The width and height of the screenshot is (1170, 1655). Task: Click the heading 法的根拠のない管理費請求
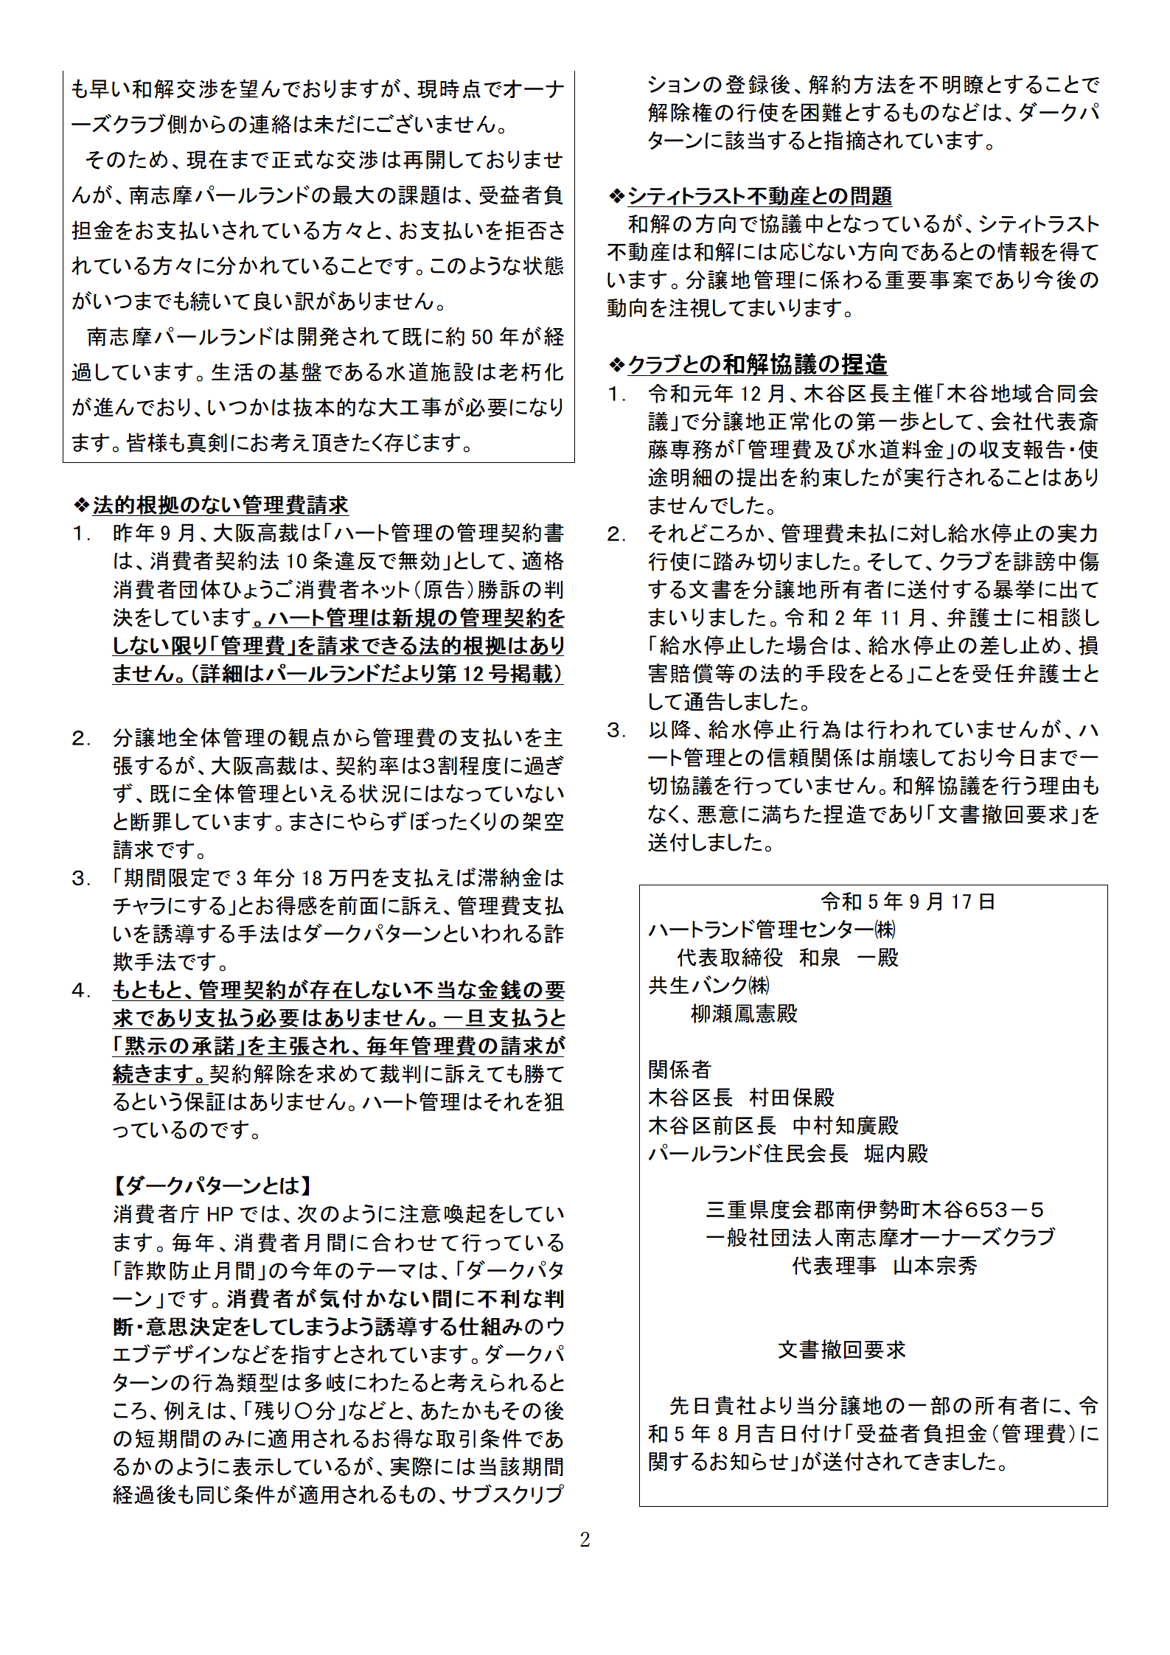(x=220, y=505)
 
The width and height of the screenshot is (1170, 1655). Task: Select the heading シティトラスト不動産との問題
(x=759, y=196)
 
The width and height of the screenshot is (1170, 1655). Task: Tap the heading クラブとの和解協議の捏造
(x=757, y=364)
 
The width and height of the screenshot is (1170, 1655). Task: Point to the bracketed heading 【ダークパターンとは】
(x=213, y=1185)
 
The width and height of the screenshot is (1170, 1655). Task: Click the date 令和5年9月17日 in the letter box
(x=908, y=902)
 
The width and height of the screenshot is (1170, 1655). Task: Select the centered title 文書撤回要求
(x=841, y=1350)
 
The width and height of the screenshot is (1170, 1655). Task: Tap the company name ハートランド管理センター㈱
(x=772, y=930)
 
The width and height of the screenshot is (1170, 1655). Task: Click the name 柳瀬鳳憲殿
(x=744, y=1014)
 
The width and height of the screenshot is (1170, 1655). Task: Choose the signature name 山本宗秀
(x=935, y=1266)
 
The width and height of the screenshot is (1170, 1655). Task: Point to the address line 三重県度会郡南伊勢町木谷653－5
(x=874, y=1210)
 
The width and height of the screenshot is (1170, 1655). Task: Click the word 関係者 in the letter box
(x=679, y=1070)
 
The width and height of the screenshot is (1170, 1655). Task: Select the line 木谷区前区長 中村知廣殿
(x=773, y=1126)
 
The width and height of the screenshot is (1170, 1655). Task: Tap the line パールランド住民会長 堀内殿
(x=787, y=1154)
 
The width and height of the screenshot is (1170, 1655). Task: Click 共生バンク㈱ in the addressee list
(x=708, y=986)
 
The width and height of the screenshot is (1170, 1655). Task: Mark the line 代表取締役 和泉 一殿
(x=787, y=958)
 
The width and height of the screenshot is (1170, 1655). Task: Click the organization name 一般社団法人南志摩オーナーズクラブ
(x=880, y=1238)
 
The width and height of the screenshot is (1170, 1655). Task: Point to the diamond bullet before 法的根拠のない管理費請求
(x=81, y=505)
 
